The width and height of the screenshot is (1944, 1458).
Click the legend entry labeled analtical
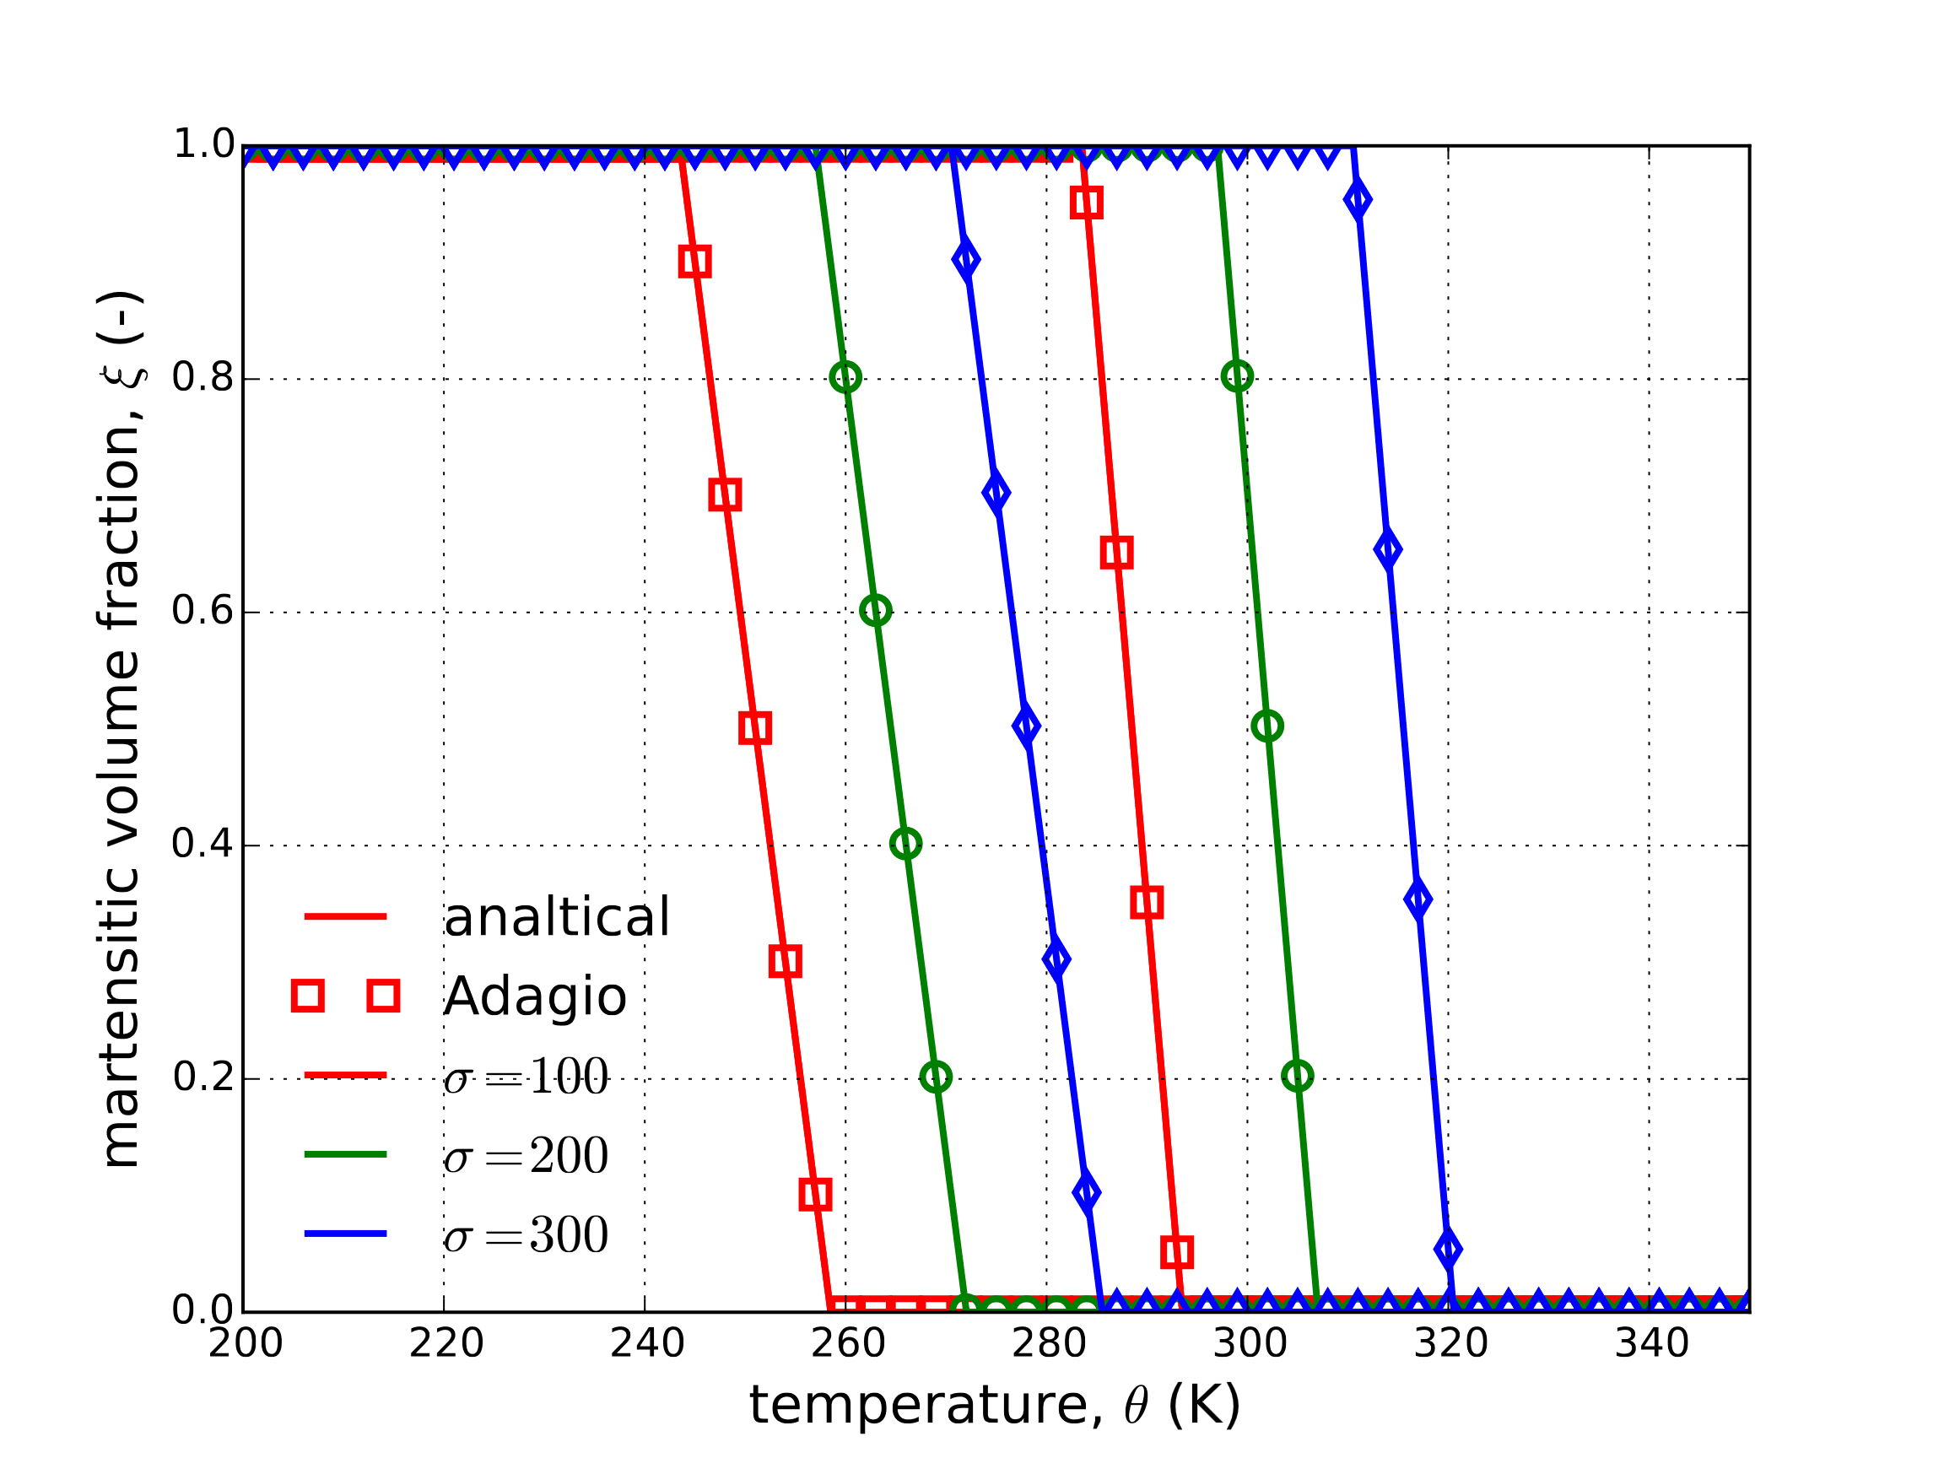point(556,917)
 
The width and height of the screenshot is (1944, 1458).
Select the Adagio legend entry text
point(534,996)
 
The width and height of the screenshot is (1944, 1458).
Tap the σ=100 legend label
point(525,1076)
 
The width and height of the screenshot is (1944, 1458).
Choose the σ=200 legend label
point(525,1155)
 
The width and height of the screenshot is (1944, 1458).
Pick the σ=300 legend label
point(525,1234)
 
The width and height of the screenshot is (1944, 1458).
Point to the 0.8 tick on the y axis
point(203,378)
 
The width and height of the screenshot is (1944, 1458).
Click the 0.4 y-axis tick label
point(203,845)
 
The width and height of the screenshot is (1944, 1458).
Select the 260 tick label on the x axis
point(847,1344)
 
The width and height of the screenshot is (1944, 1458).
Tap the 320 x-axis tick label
point(1450,1344)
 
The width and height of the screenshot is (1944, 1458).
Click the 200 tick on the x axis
point(246,1344)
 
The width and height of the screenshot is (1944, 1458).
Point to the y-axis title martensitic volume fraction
point(121,731)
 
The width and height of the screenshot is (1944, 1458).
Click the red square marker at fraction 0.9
point(694,261)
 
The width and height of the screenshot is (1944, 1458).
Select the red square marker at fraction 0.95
point(1086,203)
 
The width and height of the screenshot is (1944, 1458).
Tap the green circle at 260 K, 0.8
point(845,377)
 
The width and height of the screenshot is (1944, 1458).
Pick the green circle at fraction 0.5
point(1266,726)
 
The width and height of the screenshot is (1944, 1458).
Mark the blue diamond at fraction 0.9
point(966,260)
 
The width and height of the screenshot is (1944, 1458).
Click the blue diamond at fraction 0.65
point(1388,550)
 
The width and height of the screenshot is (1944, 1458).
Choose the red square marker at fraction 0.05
point(1177,1251)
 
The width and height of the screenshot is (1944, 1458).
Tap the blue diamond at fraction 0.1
point(1086,1193)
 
